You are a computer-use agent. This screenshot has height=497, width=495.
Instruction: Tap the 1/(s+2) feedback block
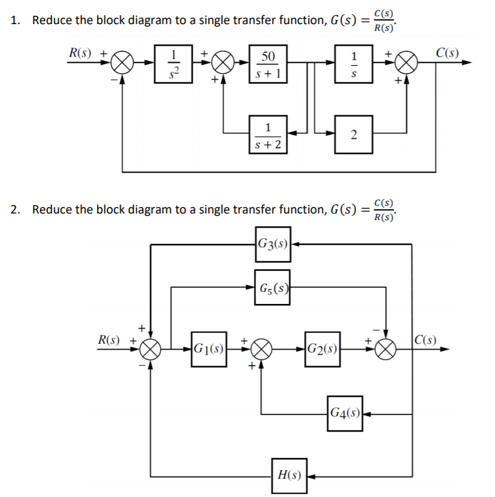[x=267, y=135]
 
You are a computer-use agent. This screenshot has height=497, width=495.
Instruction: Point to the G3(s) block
[x=273, y=244]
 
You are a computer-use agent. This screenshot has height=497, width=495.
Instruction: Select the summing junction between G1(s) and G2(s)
[x=260, y=349]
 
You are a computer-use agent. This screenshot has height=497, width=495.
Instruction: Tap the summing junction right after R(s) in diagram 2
[x=150, y=349]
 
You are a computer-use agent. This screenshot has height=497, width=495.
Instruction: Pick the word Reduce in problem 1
[x=50, y=20]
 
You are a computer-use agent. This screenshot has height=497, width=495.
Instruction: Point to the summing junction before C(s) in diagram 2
[x=386, y=349]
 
